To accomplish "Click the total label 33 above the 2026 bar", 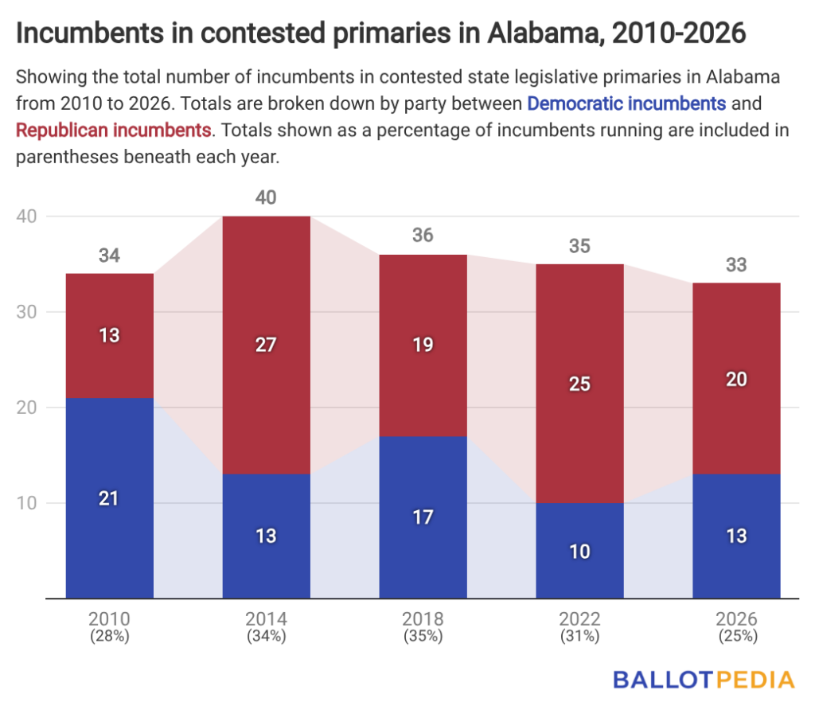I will pyautogui.click(x=736, y=264).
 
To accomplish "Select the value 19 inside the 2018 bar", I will pyautogui.click(x=423, y=345).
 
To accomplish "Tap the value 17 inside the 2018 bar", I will pyautogui.click(x=423, y=517).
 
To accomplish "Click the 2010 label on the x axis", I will pyautogui.click(x=109, y=618).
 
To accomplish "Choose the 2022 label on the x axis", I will pyautogui.click(x=579, y=618).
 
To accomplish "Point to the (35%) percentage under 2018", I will pyautogui.click(x=423, y=636).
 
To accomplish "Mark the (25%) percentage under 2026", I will pyautogui.click(x=736, y=636).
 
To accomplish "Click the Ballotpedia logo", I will pyautogui.click(x=704, y=679).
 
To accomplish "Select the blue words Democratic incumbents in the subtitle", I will pyautogui.click(x=626, y=103).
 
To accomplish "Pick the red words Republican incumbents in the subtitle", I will pyautogui.click(x=114, y=130).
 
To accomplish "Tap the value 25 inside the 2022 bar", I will pyautogui.click(x=579, y=384).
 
